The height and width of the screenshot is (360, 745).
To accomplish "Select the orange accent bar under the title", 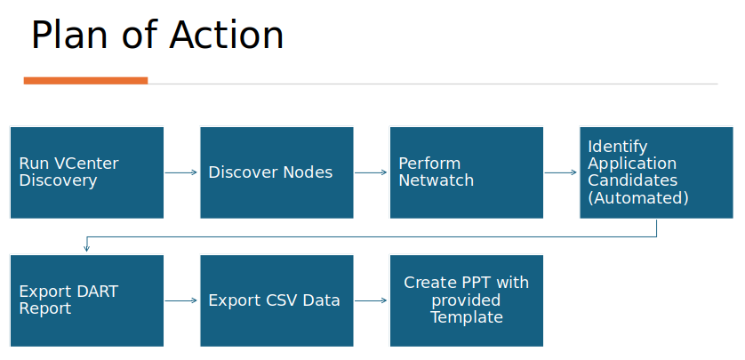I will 85,81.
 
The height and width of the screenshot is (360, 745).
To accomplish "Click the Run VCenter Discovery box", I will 86,172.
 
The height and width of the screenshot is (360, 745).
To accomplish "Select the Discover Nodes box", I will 276,172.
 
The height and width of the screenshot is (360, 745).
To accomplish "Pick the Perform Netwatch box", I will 466,172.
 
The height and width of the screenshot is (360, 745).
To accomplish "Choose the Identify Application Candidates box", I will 656,172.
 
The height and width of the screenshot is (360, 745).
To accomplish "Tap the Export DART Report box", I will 86,300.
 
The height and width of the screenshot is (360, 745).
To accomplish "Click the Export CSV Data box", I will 276,300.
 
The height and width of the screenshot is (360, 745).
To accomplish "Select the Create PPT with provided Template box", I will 466,300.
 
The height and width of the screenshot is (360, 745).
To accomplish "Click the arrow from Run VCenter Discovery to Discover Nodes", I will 181,172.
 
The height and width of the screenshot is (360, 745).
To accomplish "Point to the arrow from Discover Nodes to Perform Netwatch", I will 371,172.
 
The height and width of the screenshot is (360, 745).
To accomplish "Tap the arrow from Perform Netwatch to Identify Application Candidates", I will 561,172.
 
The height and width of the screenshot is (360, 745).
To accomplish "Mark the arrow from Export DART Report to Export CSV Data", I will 181,300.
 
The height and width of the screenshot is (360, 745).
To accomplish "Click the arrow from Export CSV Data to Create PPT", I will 371,300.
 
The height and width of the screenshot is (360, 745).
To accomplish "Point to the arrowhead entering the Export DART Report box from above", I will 86,250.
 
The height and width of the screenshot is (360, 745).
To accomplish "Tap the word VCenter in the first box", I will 85,164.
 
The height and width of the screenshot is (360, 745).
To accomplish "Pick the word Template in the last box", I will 467,317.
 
